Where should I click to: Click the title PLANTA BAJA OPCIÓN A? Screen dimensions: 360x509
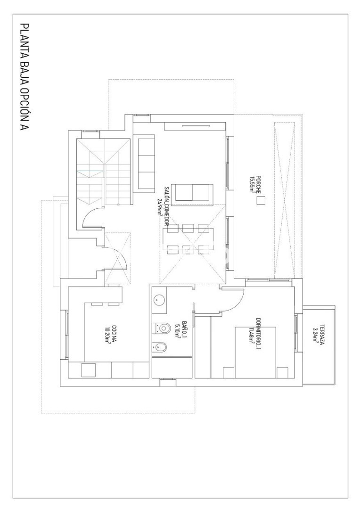click(x=25, y=77)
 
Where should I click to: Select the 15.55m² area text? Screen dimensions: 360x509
click(x=253, y=184)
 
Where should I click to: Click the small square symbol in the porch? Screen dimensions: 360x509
click(x=261, y=201)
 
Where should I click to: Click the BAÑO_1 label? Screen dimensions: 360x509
click(x=184, y=330)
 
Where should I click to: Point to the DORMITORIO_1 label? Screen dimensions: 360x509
click(x=258, y=334)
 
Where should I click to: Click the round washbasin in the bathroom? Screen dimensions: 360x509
click(x=159, y=300)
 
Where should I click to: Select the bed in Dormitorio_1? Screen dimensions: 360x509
click(x=255, y=353)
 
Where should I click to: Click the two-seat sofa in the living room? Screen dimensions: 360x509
click(x=192, y=192)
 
